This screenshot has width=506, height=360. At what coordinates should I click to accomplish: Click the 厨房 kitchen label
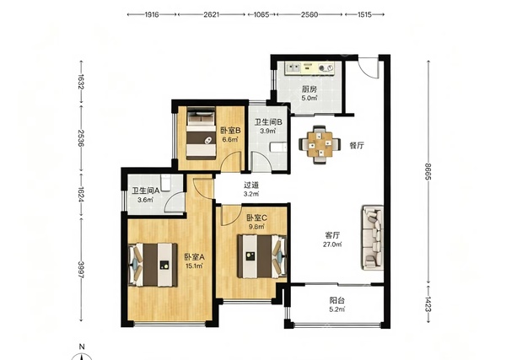(x=309, y=89)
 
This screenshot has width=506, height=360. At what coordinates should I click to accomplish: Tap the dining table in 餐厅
(x=320, y=145)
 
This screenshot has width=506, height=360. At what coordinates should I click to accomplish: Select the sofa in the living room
(x=373, y=238)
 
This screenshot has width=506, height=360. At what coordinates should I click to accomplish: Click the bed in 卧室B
(x=201, y=133)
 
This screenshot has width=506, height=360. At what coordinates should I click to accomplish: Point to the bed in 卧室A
(x=153, y=265)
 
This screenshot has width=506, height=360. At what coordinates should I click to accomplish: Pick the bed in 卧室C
(x=261, y=256)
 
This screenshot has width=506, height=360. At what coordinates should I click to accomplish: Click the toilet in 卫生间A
(x=165, y=182)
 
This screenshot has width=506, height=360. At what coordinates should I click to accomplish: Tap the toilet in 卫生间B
(x=278, y=148)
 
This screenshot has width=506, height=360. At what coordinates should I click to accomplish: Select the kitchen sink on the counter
(x=293, y=68)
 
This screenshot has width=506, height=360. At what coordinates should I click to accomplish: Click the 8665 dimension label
(x=428, y=171)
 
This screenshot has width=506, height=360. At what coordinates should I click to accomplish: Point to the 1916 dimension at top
(x=151, y=14)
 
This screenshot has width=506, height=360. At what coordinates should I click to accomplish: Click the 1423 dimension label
(x=428, y=304)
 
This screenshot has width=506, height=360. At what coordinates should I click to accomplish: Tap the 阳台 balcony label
(x=336, y=300)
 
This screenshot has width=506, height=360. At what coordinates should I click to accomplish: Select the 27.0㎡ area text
(x=332, y=244)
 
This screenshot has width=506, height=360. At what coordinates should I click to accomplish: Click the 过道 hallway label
(x=251, y=185)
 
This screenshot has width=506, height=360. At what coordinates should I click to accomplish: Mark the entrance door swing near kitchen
(x=368, y=67)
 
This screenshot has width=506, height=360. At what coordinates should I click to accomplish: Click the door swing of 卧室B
(x=230, y=160)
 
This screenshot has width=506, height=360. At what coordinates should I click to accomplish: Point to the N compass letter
(x=82, y=347)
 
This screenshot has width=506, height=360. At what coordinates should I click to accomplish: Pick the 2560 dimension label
(x=310, y=14)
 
